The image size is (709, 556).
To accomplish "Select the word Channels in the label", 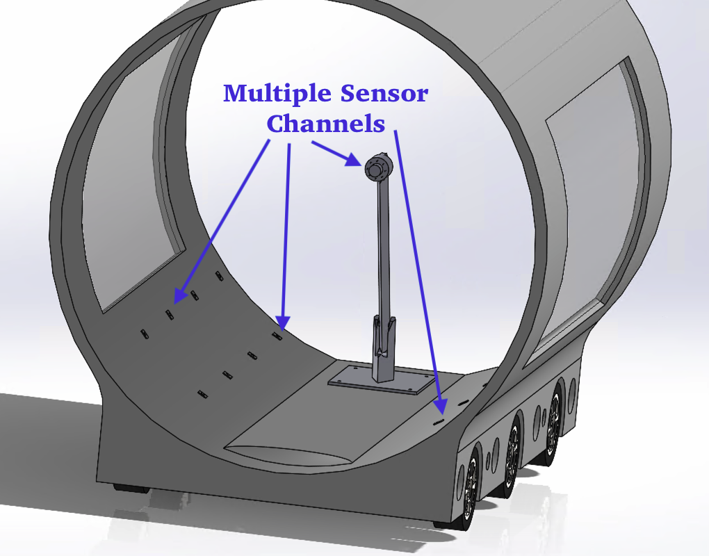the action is pos(326,124).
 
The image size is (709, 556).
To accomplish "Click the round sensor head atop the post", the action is pos(376,167).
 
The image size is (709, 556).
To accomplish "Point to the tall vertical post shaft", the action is pos(383,250).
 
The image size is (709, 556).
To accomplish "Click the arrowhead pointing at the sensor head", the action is pos(354,161).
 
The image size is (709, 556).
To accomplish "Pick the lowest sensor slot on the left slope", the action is pos(203,395).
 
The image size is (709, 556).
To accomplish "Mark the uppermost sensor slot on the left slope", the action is pos(219,277).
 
